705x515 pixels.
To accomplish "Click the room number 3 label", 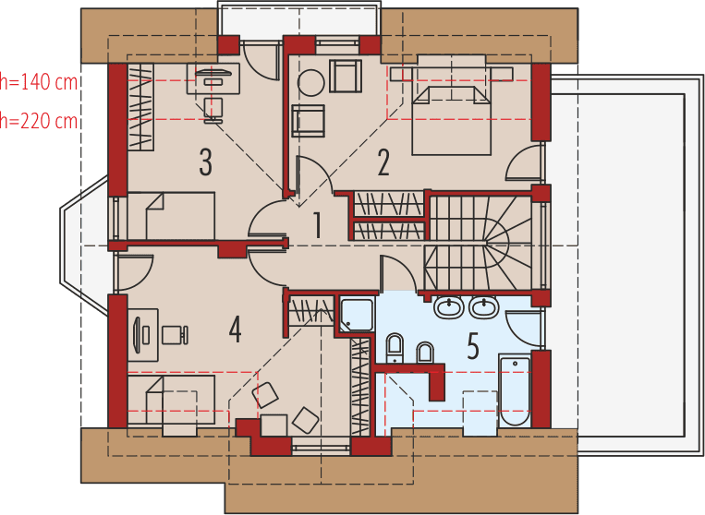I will (x=205, y=162).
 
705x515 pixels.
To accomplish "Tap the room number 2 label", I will (x=383, y=162).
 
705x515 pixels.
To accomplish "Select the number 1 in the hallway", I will (x=317, y=226).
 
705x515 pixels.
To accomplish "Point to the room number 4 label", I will (x=236, y=329).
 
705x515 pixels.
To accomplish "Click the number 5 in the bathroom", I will (x=473, y=347).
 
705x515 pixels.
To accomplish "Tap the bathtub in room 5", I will (x=515, y=390).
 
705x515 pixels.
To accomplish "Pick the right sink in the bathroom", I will (x=484, y=306).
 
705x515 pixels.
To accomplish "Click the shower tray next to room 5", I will (x=357, y=315).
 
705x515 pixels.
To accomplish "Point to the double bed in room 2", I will (x=451, y=115).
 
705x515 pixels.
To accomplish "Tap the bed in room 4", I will (x=171, y=399).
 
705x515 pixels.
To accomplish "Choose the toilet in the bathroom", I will (x=394, y=350).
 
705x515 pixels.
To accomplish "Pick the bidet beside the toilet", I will (x=425, y=353).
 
